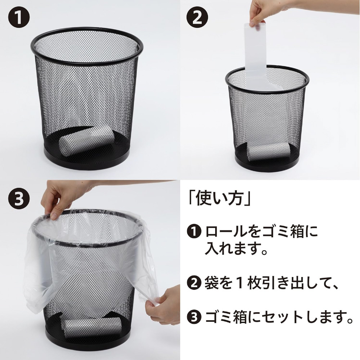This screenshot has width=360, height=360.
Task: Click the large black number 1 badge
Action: click(x=19, y=17)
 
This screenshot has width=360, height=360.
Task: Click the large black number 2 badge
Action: click(x=197, y=17)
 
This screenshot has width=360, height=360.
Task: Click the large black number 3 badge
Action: click(x=19, y=198)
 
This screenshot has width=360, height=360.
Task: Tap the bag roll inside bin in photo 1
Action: click(x=86, y=140)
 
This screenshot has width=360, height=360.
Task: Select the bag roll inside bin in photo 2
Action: click(x=268, y=151)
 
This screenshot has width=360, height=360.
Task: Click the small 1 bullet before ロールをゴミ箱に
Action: click(x=194, y=231)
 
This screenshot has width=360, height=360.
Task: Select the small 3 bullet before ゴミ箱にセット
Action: click(x=194, y=317)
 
